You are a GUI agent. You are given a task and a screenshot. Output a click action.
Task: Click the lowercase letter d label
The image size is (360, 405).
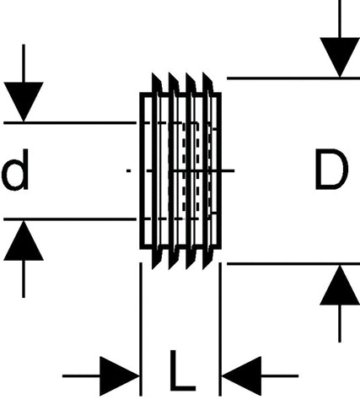15,170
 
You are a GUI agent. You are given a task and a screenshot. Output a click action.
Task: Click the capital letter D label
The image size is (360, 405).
331,170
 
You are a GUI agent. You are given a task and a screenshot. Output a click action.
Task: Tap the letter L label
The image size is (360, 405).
183,370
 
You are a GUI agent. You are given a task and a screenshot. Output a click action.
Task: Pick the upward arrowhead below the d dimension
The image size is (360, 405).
24,240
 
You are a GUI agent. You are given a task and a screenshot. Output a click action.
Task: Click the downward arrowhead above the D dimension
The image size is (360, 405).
340,57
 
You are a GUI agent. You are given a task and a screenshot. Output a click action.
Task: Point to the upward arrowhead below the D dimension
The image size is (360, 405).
340,285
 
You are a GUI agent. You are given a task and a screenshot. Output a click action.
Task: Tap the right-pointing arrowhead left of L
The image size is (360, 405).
120,376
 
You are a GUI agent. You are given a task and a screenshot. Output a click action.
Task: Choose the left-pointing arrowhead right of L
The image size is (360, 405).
241,376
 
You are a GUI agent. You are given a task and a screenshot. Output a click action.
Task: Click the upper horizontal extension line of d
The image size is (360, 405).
70,123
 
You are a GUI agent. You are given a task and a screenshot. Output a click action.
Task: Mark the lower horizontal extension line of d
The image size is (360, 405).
70,219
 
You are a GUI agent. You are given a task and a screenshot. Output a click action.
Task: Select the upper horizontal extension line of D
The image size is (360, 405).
293,78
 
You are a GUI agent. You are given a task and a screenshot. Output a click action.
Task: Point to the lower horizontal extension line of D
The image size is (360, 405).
293,264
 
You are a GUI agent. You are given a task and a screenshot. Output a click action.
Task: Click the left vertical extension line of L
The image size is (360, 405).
141,329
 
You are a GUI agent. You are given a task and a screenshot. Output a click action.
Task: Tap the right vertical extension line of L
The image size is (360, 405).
220,329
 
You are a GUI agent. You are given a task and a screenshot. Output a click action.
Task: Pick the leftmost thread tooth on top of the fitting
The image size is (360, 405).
156,84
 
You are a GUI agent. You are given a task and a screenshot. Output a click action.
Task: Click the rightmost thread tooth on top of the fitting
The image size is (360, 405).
207,84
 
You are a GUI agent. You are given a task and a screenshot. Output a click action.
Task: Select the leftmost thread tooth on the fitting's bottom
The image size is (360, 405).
156,258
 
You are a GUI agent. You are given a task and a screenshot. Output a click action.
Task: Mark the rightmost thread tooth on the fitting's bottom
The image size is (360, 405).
207,258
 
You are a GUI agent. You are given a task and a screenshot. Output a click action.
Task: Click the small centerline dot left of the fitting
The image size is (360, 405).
129,170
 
